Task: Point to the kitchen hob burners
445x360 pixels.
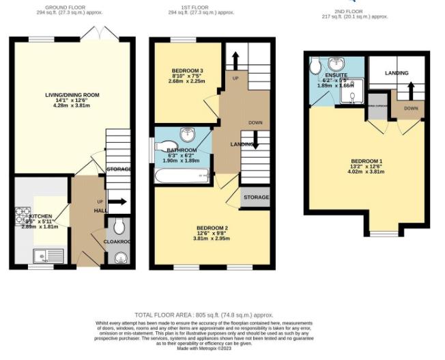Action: click(x=20, y=215)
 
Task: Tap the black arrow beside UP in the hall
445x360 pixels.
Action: click(x=117, y=202)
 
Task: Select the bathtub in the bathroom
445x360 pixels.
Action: click(x=182, y=176)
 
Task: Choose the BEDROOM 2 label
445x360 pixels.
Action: click(x=212, y=227)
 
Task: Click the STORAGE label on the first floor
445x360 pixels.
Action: click(x=257, y=197)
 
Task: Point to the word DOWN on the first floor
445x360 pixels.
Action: click(x=256, y=123)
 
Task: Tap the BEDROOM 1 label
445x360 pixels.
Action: click(x=367, y=161)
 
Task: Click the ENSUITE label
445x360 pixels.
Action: click(x=336, y=75)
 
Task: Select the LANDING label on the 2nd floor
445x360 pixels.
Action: click(x=397, y=73)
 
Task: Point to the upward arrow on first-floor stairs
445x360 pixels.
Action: click(x=236, y=60)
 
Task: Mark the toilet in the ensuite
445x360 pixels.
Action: click(x=315, y=66)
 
